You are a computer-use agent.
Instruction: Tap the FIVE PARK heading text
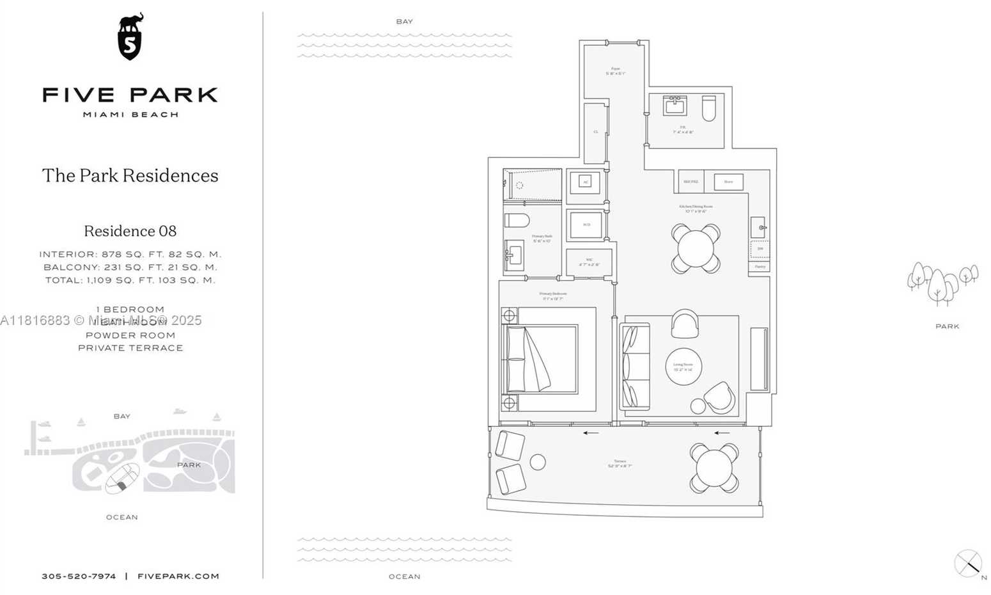coord(130,95)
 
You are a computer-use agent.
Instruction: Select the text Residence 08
coord(130,231)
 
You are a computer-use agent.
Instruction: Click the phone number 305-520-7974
coord(79,576)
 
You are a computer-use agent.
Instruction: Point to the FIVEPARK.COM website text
coord(178,576)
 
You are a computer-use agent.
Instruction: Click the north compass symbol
coord(968,564)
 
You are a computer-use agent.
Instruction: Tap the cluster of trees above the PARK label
coord(942,282)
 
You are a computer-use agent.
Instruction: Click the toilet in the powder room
coord(708,108)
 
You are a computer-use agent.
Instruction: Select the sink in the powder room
coord(675,106)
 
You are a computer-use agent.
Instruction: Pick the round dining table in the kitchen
coord(696,248)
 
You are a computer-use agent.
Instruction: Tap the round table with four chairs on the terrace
coord(714,468)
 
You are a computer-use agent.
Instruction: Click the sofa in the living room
coord(635,366)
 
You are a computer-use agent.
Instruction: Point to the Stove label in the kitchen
coord(728,182)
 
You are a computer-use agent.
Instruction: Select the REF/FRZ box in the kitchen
coord(691,182)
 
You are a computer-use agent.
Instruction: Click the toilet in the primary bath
coord(517,221)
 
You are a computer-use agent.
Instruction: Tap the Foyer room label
coord(615,71)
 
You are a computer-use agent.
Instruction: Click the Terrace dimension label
coord(620,463)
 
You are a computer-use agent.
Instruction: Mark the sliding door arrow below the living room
coord(722,433)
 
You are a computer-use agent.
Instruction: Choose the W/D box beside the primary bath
coord(586,225)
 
